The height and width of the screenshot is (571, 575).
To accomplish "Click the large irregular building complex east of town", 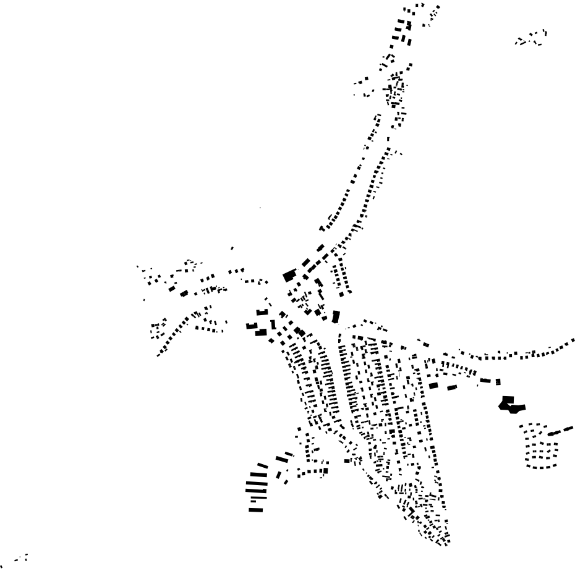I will pos(511,405).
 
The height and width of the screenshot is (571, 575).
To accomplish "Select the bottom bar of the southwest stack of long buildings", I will pos(256,510).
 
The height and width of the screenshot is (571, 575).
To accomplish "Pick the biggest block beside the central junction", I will pos(289,276).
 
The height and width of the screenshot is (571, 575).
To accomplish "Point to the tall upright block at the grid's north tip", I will pos(336,317).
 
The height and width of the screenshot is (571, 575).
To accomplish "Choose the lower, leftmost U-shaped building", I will pos(251,326).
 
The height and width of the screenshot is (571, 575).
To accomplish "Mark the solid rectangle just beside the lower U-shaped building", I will pos(261,332).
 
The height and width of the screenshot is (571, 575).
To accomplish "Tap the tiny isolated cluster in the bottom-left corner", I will pos(21,559).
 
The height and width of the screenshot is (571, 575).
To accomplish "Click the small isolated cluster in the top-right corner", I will pos(532,38).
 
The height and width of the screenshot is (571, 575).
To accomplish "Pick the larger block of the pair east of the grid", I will pos(433,386).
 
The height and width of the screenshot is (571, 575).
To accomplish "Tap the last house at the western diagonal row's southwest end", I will pos(159,354).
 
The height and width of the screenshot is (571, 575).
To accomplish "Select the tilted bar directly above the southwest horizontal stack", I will pos(262,466).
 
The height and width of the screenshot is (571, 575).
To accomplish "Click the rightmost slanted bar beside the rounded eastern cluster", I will pos(568,428).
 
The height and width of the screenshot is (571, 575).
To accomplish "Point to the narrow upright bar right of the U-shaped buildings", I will pos(273,324).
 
